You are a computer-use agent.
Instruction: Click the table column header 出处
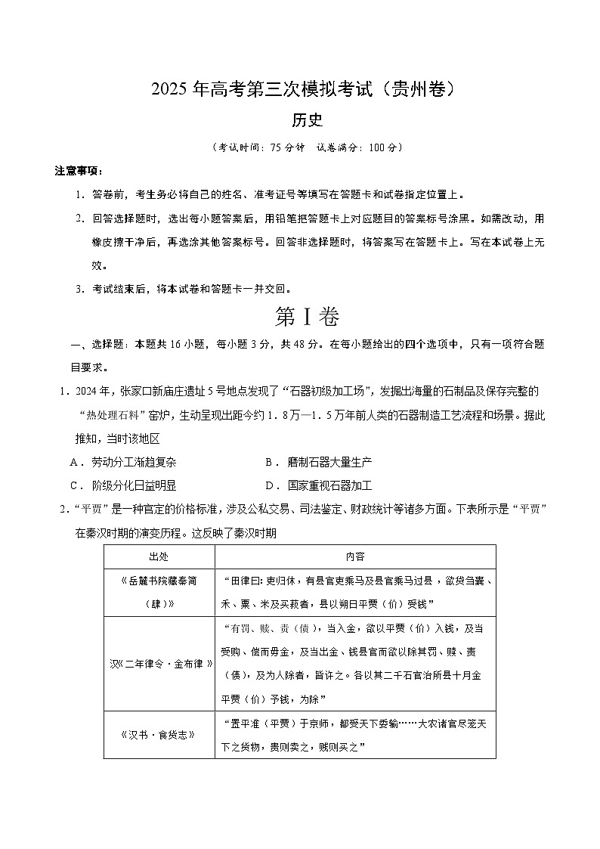159,556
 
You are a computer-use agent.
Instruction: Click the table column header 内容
355,556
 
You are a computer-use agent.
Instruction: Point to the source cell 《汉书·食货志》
159,733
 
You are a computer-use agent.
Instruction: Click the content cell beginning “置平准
355,733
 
